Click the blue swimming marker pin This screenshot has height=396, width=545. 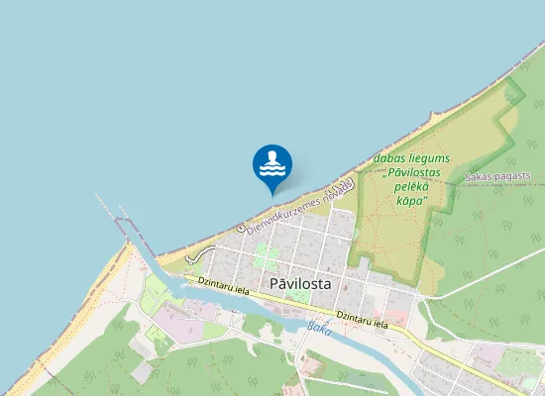click(272, 165)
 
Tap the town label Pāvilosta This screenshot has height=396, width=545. click(300, 283)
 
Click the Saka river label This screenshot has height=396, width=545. click(318, 328)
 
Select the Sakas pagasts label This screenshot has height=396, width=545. click(497, 176)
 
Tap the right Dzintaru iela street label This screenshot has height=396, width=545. click(368, 319)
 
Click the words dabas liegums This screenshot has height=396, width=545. click(413, 158)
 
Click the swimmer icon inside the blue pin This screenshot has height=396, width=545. click(272, 162)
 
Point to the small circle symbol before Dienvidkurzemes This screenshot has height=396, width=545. click(241, 230)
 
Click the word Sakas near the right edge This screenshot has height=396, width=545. click(478, 177)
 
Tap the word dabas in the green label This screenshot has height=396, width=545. click(388, 158)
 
